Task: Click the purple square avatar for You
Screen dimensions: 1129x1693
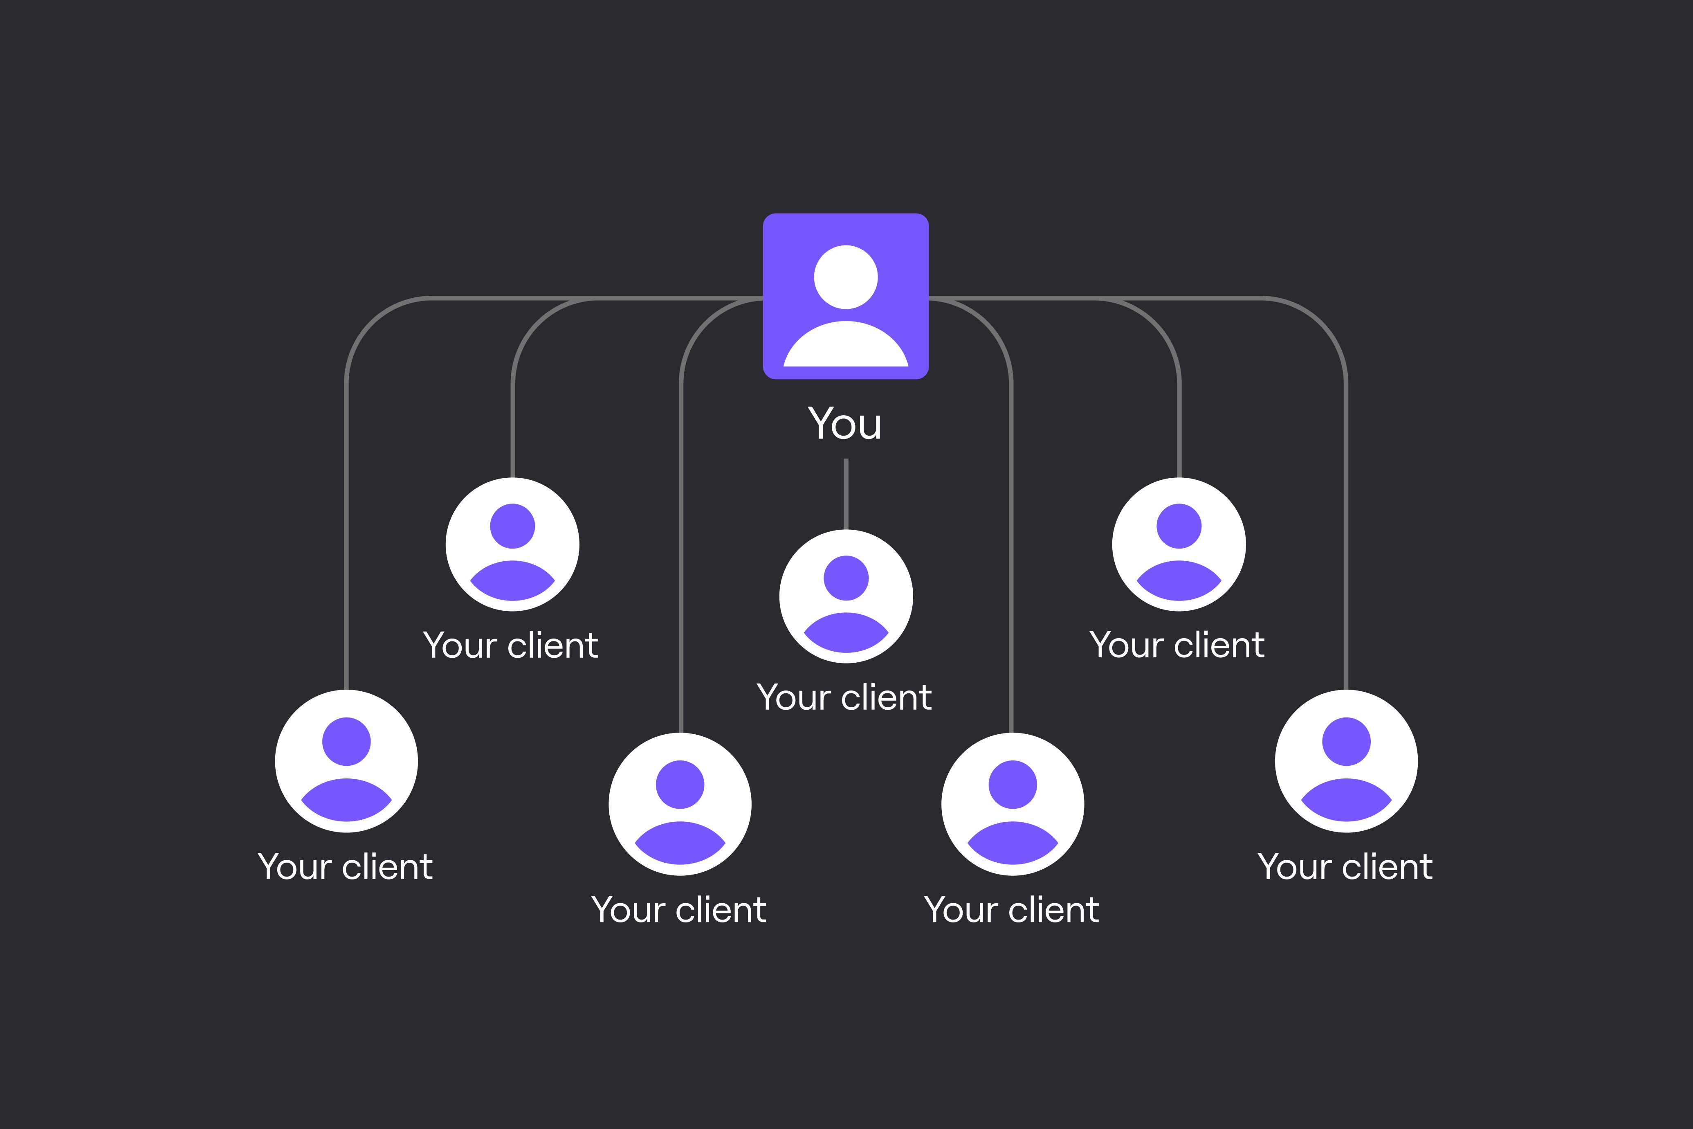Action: pos(846,296)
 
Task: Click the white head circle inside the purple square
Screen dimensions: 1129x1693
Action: pos(846,277)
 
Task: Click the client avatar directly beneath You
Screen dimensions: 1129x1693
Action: pos(846,596)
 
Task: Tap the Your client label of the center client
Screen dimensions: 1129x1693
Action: pos(844,697)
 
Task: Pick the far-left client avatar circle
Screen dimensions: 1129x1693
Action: pos(346,761)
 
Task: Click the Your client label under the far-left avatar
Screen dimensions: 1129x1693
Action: pos(346,866)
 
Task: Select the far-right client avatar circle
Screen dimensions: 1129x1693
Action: pos(1346,761)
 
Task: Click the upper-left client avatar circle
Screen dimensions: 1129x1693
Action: pos(512,544)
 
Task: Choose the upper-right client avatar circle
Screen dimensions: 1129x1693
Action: pos(1179,544)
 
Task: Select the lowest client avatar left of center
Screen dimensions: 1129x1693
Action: pos(680,804)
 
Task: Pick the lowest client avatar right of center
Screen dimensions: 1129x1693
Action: pos(1013,804)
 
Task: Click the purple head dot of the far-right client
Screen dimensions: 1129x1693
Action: pos(1346,742)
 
